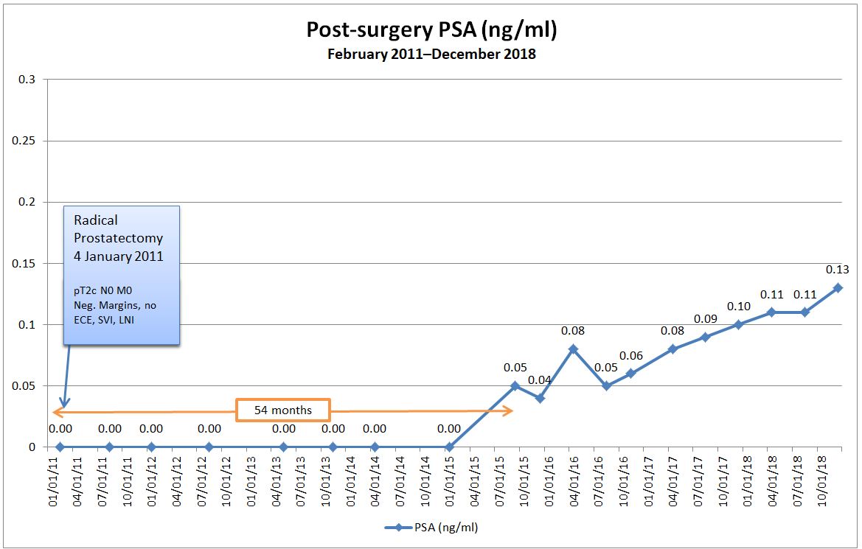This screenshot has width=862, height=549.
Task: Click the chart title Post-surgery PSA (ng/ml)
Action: [431, 30]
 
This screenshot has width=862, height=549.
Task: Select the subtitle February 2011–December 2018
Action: [431, 55]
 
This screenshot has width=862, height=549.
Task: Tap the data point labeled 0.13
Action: [838, 288]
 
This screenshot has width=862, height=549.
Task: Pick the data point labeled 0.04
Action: [540, 398]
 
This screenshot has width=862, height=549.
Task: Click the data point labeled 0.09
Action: [705, 337]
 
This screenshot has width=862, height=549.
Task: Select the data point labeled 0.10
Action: [738, 324]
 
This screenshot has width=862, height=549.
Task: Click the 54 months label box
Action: [282, 410]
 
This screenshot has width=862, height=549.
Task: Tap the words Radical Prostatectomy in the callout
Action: [118, 229]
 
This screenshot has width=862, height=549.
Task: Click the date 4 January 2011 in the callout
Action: [118, 257]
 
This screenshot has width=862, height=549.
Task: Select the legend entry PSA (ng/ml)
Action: [431, 527]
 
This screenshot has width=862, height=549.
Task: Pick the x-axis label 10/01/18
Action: [821, 476]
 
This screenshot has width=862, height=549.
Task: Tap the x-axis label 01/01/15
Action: [449, 476]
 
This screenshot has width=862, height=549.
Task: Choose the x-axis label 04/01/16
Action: [573, 476]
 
